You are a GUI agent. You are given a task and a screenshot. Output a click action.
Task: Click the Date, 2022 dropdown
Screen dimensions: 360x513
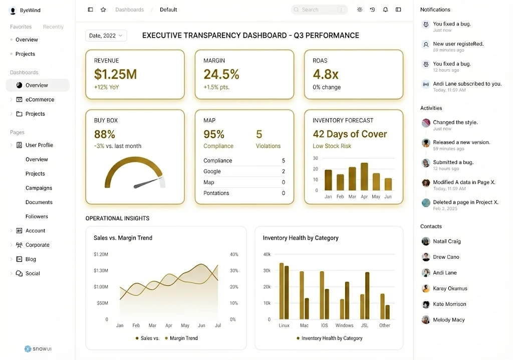click(x=106, y=36)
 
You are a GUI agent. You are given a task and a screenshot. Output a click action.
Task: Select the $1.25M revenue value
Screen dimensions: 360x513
click(x=115, y=75)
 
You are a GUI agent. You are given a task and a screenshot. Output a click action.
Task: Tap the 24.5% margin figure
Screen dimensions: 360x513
click(x=221, y=75)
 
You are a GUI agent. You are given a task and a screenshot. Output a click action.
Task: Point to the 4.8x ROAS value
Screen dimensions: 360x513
click(x=326, y=75)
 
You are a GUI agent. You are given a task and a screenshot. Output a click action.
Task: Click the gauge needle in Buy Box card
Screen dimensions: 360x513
click(x=147, y=183)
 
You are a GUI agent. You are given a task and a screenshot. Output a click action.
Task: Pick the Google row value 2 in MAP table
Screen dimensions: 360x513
click(x=284, y=171)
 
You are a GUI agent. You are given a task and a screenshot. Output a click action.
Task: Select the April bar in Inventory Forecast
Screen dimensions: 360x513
click(x=364, y=176)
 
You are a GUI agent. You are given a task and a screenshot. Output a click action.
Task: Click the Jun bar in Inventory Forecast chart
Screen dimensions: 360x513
click(x=388, y=184)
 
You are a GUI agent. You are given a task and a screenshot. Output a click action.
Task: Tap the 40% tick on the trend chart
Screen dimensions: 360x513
click(x=233, y=254)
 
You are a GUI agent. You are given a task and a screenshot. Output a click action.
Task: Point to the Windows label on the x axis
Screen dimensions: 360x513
click(x=344, y=325)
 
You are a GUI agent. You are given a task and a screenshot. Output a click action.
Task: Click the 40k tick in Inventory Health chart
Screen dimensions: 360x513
click(x=267, y=254)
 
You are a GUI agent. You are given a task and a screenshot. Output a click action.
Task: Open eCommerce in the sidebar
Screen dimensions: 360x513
click(x=40, y=100)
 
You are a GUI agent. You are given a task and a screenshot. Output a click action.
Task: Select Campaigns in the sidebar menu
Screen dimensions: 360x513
click(x=39, y=188)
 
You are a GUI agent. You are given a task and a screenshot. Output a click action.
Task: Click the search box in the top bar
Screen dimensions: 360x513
click(x=319, y=10)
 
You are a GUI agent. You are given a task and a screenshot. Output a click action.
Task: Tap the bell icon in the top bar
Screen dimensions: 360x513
click(x=385, y=10)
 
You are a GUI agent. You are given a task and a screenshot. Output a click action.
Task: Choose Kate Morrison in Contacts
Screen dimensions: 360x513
click(x=449, y=304)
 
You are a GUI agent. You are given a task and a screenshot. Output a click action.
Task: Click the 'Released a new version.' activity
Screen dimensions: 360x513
click(x=461, y=142)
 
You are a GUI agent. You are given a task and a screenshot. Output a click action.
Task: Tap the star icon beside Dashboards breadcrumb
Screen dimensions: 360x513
click(x=103, y=10)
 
